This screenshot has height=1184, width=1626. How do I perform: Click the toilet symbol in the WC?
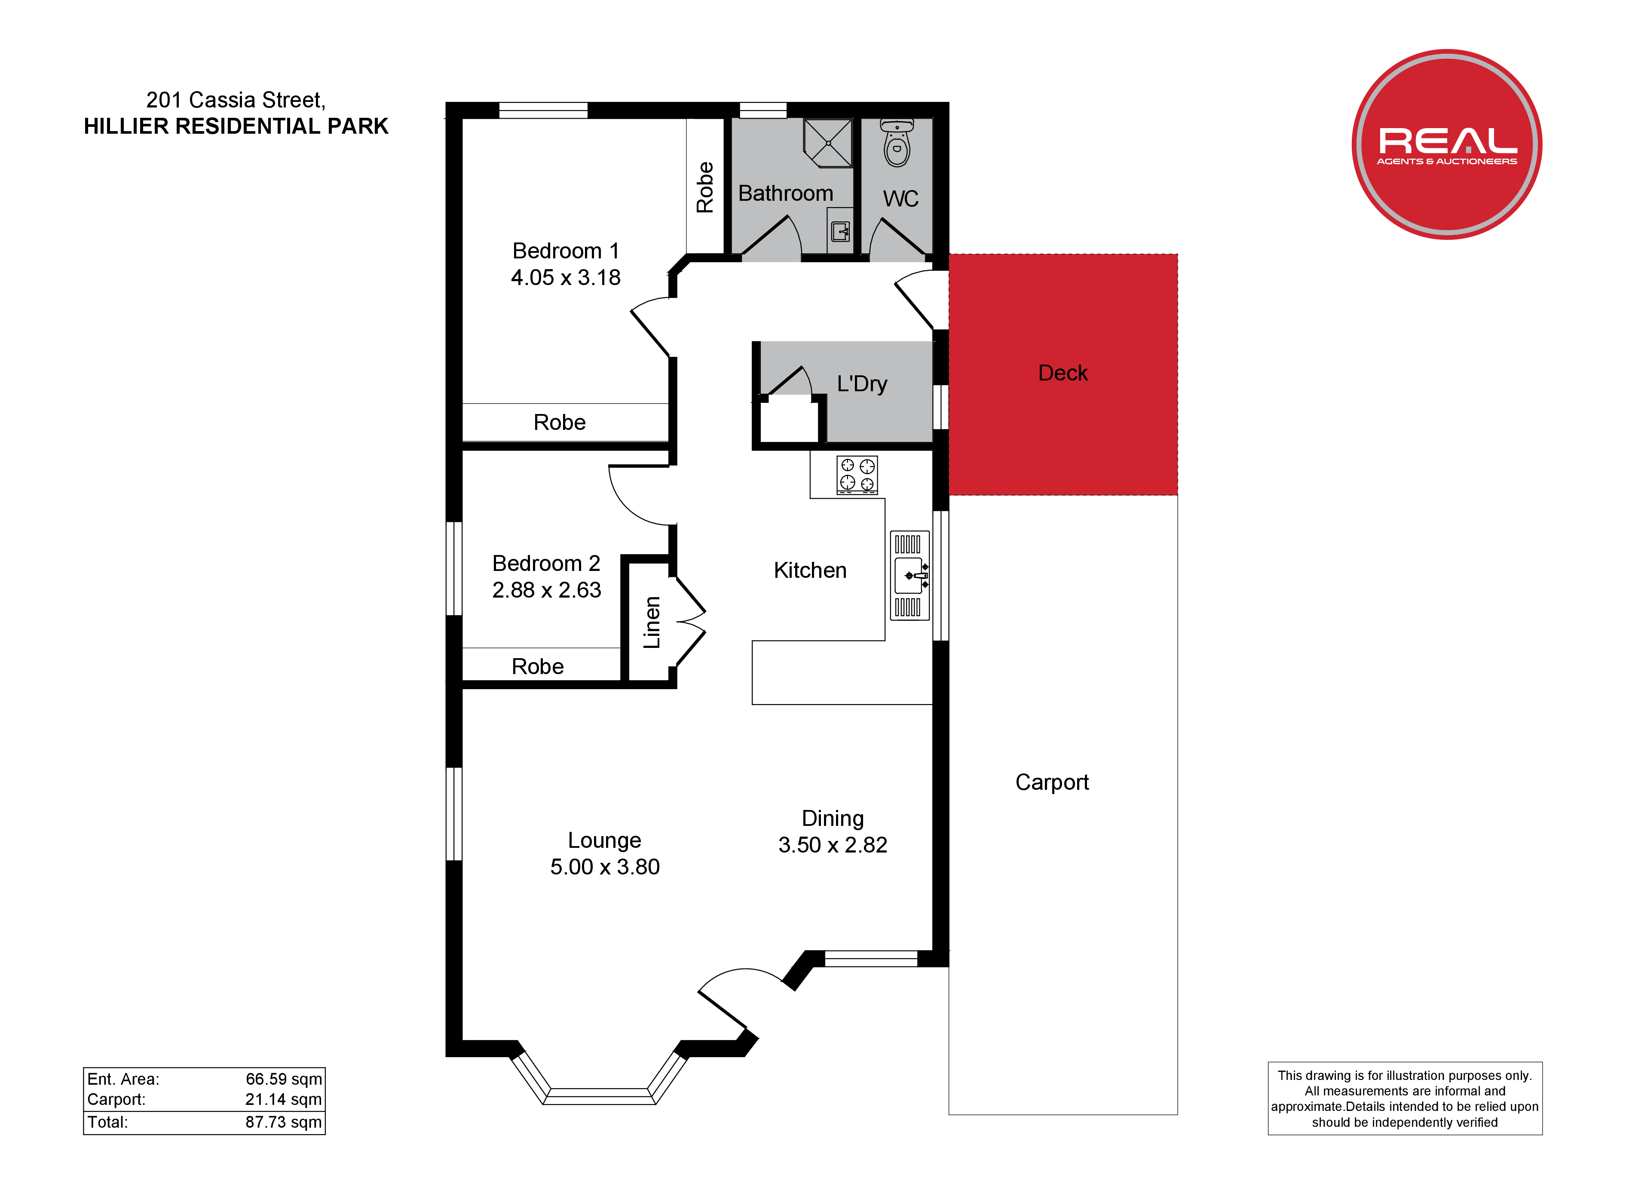pyautogui.click(x=897, y=144)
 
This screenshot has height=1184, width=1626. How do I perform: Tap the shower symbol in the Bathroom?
pyautogui.click(x=828, y=143)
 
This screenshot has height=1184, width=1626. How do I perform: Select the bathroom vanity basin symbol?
pyautogui.click(x=840, y=231)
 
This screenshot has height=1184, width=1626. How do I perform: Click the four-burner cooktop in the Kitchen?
pyautogui.click(x=857, y=475)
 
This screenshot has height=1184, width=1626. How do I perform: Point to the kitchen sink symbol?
pyautogui.click(x=910, y=575)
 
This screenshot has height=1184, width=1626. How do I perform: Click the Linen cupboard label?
pyautogui.click(x=652, y=623)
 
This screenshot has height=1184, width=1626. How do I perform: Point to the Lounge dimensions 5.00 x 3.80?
pyautogui.click(x=605, y=867)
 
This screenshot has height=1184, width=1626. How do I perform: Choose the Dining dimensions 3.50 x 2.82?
pyautogui.click(x=833, y=846)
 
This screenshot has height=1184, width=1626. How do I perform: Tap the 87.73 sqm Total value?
pyautogui.click(x=284, y=1123)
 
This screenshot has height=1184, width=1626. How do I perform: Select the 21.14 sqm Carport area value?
pyautogui.click(x=284, y=1099)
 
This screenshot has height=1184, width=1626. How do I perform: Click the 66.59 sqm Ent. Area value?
pyautogui.click(x=284, y=1079)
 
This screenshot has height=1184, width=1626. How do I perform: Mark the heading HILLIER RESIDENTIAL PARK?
pyautogui.click(x=236, y=126)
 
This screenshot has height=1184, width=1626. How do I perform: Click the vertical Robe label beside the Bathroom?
pyautogui.click(x=705, y=187)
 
